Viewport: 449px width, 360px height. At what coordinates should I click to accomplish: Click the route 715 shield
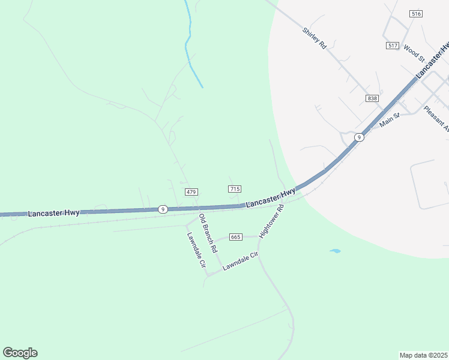235,189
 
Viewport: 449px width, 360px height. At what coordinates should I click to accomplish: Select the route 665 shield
235,238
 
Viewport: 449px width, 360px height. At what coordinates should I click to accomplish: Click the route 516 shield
416,14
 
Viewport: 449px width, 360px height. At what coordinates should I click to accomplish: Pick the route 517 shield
393,46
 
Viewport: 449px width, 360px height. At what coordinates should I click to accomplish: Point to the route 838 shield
372,98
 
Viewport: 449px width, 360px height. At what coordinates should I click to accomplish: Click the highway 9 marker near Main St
358,137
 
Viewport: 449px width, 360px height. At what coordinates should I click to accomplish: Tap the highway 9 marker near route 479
163,209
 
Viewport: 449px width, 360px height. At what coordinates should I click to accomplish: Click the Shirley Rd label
314,38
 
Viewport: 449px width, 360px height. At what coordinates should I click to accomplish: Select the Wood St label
414,53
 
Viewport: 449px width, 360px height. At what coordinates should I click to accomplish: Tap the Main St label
390,120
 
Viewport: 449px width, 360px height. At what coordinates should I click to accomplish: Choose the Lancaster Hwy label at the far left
53,213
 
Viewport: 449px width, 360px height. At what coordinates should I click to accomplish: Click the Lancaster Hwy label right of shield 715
271,197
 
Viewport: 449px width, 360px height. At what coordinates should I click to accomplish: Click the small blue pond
335,251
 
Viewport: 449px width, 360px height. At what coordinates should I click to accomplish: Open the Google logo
20,353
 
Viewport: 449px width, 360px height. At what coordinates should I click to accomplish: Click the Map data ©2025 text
423,355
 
